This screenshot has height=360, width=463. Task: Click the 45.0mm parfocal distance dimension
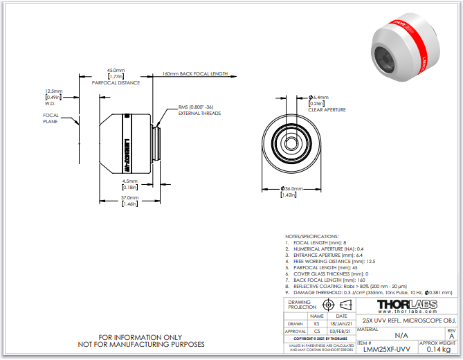coord(116,71)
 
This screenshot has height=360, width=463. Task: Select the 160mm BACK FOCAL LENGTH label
coord(194,73)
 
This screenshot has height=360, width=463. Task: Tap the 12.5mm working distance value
coord(53,91)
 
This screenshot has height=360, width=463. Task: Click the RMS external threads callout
coord(199,109)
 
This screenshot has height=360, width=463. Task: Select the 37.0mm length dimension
coord(129,197)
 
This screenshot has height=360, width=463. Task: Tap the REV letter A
coord(451,335)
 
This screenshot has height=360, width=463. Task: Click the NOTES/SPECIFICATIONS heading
coord(312,237)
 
